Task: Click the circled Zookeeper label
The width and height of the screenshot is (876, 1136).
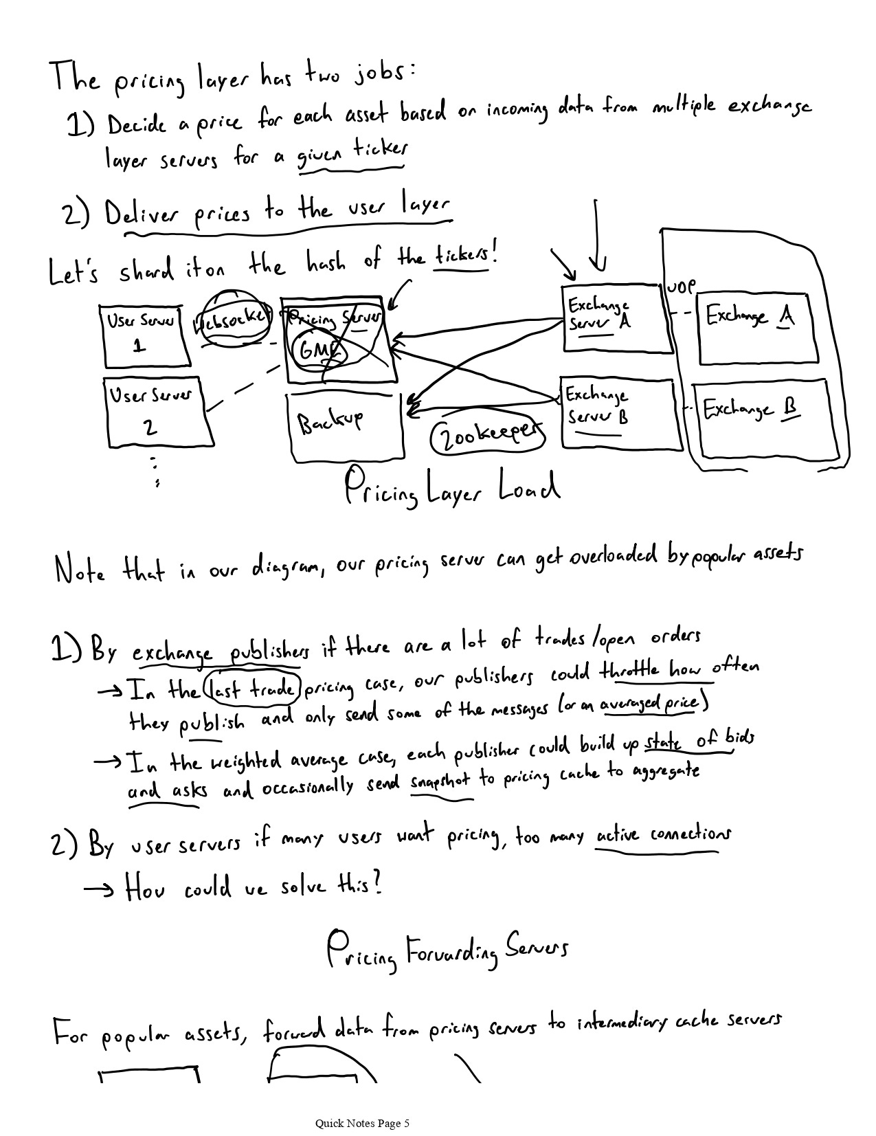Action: (x=487, y=438)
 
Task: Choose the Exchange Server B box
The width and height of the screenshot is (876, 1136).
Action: (x=618, y=412)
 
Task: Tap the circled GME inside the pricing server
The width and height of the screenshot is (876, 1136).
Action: (x=319, y=350)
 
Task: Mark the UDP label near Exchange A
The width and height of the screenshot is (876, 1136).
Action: (x=681, y=286)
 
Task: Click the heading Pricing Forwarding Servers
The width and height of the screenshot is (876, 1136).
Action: (x=447, y=950)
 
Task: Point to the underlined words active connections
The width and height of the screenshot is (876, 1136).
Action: (x=662, y=836)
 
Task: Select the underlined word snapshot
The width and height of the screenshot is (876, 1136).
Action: (x=440, y=784)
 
